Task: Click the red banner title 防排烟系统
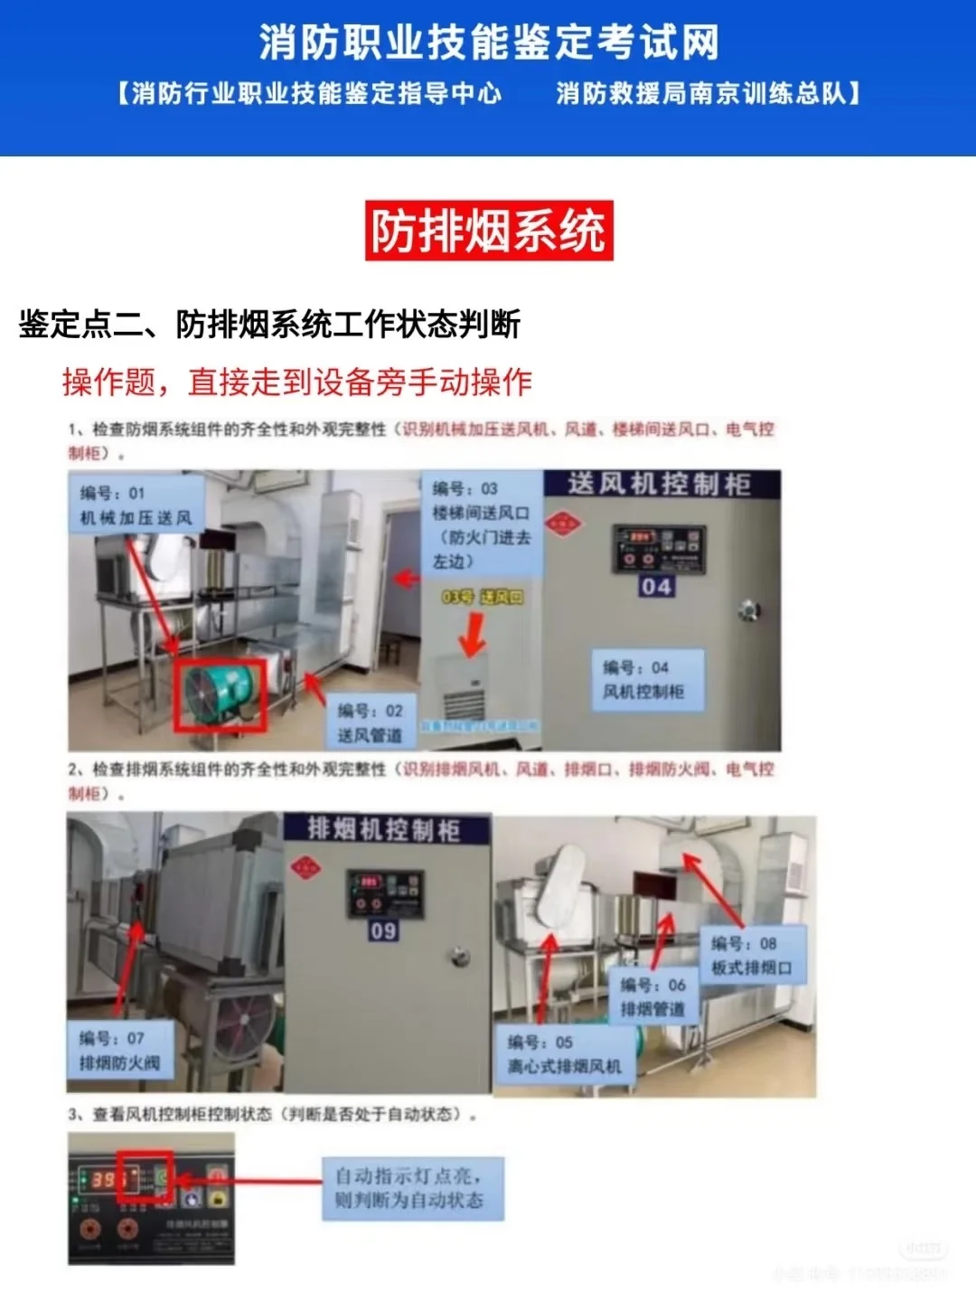tap(489, 231)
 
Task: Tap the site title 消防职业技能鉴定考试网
tap(489, 42)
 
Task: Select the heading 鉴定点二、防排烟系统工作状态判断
tap(269, 324)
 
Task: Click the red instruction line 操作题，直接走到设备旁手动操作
tap(296, 382)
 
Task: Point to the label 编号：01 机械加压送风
tap(136, 505)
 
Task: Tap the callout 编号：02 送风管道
tap(371, 722)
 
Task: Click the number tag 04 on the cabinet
tap(656, 587)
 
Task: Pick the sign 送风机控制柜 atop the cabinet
tap(660, 484)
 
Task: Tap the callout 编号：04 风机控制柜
tap(643, 679)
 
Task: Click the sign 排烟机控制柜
tap(386, 829)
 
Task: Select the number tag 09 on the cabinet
tap(383, 930)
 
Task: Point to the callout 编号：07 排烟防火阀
tap(119, 1051)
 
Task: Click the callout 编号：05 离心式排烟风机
tap(564, 1054)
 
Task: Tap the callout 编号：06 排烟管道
tap(652, 996)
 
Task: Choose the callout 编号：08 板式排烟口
tap(751, 956)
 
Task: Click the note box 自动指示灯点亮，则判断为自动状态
tap(411, 1188)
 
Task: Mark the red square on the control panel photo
tap(145, 1176)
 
